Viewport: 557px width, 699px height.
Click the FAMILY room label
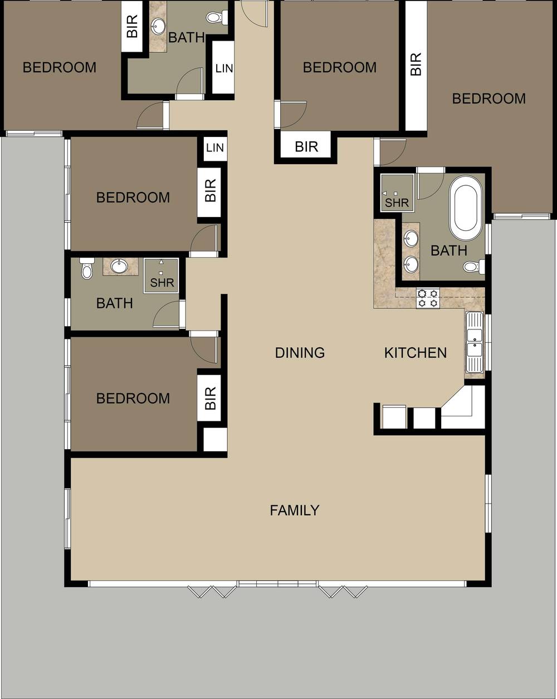point(295,510)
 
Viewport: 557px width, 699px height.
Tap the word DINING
point(300,353)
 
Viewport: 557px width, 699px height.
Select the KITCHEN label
point(416,353)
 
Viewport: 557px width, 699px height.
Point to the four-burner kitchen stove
point(428,298)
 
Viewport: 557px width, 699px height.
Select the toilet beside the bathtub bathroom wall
point(474,267)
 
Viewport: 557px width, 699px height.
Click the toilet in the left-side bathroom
point(86,269)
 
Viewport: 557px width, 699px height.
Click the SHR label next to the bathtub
point(397,203)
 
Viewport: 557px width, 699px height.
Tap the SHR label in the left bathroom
point(162,283)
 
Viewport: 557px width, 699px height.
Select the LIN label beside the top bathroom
point(224,68)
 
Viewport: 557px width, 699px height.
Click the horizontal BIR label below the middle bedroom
point(306,147)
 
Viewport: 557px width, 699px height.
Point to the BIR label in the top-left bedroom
point(133,26)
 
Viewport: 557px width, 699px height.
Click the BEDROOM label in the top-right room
point(488,99)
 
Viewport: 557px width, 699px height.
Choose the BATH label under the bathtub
point(449,251)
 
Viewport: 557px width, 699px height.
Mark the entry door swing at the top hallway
point(253,13)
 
